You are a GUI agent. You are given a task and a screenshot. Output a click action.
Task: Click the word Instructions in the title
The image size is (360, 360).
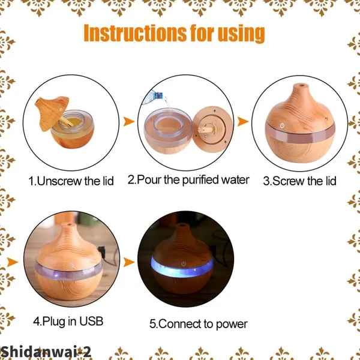tap(135, 33)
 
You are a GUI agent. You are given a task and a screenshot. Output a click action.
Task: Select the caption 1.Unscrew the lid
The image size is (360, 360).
tap(71, 181)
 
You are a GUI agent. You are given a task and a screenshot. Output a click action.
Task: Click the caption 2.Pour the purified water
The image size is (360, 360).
tap(188, 180)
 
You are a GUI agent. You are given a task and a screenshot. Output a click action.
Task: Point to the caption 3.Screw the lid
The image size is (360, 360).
tap(299, 181)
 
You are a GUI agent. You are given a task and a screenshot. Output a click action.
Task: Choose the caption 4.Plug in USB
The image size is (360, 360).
tap(68, 321)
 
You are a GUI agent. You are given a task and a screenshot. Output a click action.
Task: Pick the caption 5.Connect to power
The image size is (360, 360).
tap(199, 324)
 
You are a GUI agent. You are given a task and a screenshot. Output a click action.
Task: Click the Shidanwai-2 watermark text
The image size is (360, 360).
tap(46, 352)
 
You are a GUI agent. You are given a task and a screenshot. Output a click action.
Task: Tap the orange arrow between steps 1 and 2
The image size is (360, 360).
tap(129, 121)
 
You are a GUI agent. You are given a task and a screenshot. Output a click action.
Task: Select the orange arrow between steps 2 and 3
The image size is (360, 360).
tap(243, 121)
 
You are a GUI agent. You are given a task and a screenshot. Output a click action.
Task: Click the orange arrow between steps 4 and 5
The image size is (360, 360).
tap(129, 262)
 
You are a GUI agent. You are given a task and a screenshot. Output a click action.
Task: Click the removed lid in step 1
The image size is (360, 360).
tap(52, 113)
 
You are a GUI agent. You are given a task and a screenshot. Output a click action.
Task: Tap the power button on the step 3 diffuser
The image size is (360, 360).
tap(282, 125)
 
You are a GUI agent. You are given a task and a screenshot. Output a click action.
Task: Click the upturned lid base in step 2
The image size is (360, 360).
tap(212, 129)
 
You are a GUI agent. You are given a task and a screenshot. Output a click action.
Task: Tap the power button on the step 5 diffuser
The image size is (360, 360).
tap(183, 264)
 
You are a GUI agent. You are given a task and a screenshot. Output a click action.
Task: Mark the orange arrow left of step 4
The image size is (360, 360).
tap(13, 262)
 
